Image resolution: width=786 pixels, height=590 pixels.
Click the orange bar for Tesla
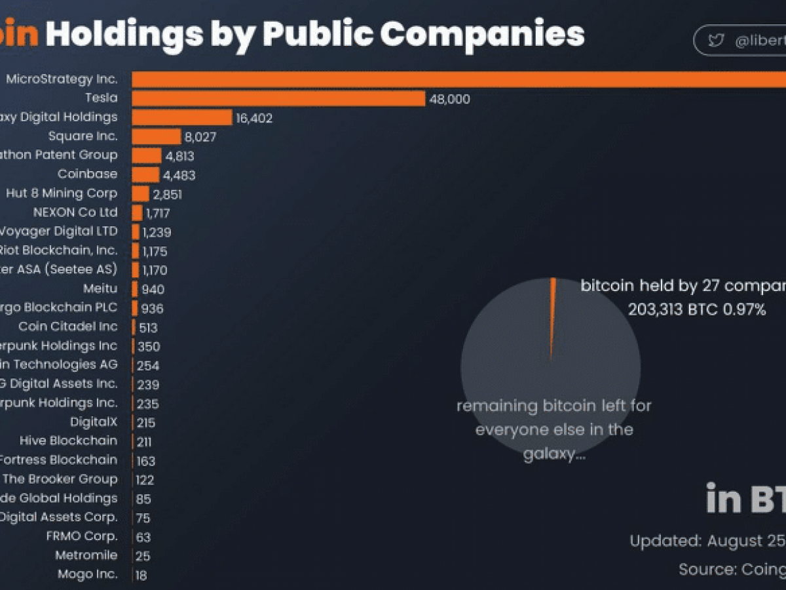[278, 98]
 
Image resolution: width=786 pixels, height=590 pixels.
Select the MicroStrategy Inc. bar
[458, 79]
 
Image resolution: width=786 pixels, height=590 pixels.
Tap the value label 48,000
[449, 99]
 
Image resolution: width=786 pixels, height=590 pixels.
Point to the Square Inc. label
[83, 136]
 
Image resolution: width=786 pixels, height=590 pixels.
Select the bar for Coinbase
[145, 174]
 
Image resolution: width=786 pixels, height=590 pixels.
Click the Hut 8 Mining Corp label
[62, 193]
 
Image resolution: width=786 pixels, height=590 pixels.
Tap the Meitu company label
[100, 288]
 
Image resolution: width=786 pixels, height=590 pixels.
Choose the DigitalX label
[94, 422]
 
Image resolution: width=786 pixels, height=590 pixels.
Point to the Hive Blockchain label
[68, 441]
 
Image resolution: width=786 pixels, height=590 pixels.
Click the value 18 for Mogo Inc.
[141, 575]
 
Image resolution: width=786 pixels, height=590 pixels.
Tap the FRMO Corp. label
[82, 536]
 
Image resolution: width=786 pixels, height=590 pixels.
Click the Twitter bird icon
[716, 41]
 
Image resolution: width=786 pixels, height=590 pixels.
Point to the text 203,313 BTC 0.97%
[697, 309]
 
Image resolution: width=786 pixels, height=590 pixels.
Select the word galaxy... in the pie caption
[554, 454]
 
